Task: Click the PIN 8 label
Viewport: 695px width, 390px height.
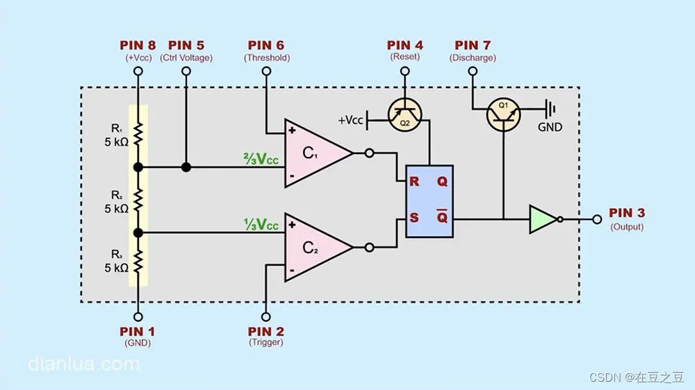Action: (x=138, y=46)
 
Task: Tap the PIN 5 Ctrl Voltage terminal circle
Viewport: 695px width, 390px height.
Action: (x=186, y=71)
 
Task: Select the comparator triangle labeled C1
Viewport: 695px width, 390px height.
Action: (x=313, y=153)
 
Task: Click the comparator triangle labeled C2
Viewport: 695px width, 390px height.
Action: (x=313, y=247)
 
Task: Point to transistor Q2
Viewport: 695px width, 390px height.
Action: (x=404, y=115)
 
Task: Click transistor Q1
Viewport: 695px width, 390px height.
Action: (x=502, y=114)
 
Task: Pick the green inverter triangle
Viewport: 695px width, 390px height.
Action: (x=543, y=219)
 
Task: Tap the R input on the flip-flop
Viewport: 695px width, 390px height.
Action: (x=414, y=183)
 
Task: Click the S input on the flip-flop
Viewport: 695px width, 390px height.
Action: (x=414, y=217)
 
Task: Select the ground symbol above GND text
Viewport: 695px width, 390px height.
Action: (x=550, y=108)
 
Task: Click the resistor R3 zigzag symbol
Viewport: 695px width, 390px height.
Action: (x=138, y=262)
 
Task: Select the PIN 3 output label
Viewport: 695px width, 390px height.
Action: (x=626, y=213)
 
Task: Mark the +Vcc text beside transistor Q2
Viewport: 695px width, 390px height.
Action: (x=350, y=120)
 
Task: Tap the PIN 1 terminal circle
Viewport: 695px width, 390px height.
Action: (x=138, y=315)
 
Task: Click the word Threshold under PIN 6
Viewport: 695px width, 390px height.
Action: (x=267, y=58)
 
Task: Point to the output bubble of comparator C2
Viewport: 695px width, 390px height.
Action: (x=369, y=247)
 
